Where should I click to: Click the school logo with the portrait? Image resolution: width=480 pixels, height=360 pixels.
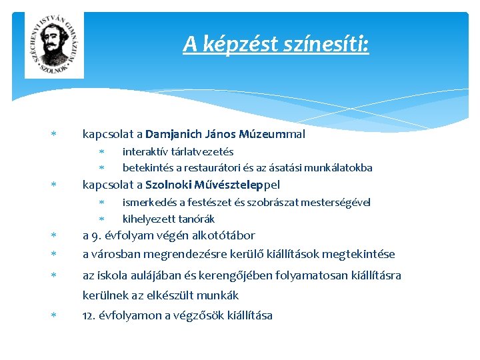click(x=54, y=45)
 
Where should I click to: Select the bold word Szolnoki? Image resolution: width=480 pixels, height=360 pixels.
click(x=167, y=185)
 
